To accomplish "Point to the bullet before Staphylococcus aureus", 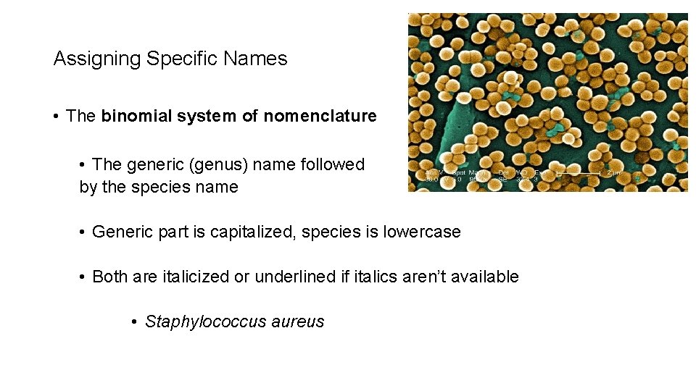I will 135,322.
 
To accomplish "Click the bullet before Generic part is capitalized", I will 83,232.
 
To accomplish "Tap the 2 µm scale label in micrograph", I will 614,174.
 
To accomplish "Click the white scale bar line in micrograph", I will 578,175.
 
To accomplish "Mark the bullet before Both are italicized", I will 83,277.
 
